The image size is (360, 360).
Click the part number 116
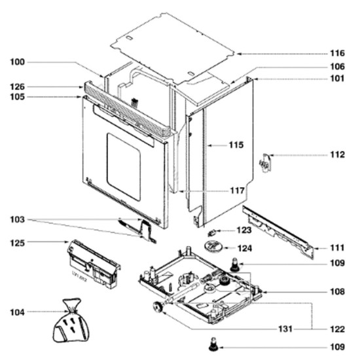(x=337, y=53)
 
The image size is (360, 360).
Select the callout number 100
(x=17, y=62)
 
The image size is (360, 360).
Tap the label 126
(x=17, y=87)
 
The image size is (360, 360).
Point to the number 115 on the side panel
(x=236, y=145)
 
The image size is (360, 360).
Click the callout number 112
(x=337, y=154)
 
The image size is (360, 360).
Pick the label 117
(x=237, y=190)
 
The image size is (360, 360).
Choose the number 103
(x=17, y=220)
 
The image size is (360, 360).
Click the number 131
(x=285, y=329)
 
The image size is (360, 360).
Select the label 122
(x=337, y=329)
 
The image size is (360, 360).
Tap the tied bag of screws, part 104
(x=71, y=321)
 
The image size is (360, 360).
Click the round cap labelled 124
(x=213, y=247)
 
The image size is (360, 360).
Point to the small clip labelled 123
(x=211, y=233)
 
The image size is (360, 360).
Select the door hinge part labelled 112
(x=265, y=163)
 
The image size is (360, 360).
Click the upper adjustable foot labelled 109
(x=235, y=264)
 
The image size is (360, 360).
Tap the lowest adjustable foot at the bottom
(x=213, y=344)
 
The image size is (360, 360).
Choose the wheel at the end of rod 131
(x=158, y=307)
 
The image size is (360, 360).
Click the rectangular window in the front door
(x=124, y=167)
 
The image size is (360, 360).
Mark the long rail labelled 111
(x=278, y=232)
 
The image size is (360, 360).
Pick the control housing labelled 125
(x=94, y=264)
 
